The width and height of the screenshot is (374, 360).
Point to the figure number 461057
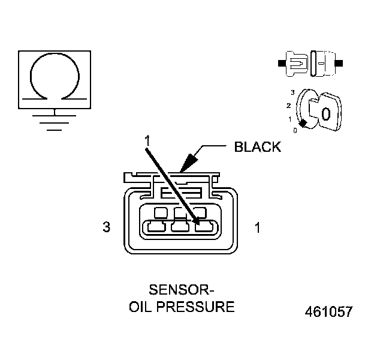click(328, 312)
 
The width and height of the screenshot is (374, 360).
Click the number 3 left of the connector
click(107, 228)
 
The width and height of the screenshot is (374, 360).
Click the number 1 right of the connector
click(257, 228)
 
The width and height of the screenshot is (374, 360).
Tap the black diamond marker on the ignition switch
click(303, 123)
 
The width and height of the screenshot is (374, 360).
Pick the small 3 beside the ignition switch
click(292, 92)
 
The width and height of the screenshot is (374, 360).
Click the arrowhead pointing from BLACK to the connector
click(187, 163)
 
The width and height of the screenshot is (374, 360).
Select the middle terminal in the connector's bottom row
click(180, 227)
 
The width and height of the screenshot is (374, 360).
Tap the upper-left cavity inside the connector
click(161, 212)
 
